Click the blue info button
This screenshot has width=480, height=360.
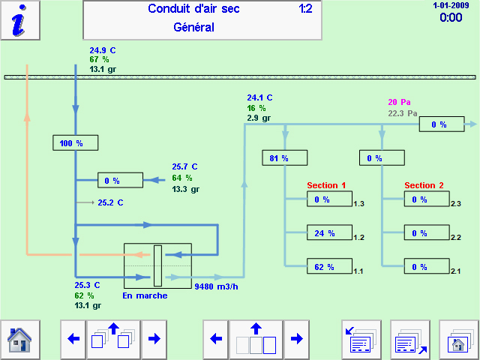tap(20, 19)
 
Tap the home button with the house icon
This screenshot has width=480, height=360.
tap(19, 339)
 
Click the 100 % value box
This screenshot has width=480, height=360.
tap(75, 142)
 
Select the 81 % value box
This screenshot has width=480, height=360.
tap(284, 158)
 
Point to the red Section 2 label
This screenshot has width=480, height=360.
tap(424, 185)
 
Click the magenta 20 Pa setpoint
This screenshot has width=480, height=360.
tap(399, 102)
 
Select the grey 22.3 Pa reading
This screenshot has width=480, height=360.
tap(402, 113)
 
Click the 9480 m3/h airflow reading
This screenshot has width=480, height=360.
tap(217, 286)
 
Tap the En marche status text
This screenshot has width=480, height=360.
tap(145, 295)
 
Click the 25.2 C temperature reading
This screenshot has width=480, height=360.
tap(110, 202)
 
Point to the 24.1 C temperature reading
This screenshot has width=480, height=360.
tap(259, 97)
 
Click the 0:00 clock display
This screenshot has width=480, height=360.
tap(451, 17)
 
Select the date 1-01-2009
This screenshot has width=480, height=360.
tap(450, 4)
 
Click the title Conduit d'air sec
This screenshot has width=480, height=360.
tap(193, 9)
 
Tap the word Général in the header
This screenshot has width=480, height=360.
tap(193, 28)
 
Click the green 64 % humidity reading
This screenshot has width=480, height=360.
tap(181, 178)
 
